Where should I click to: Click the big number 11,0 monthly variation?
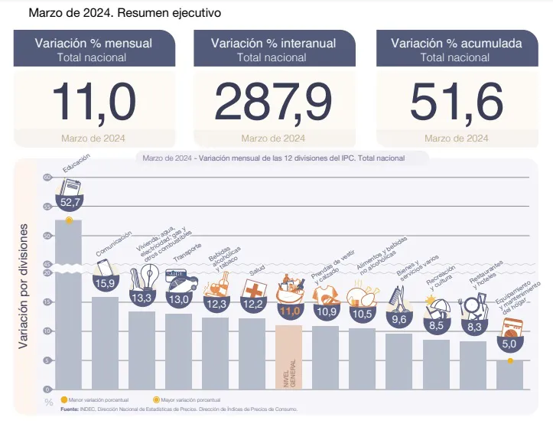click(x=93, y=101)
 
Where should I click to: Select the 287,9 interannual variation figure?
click(x=273, y=101)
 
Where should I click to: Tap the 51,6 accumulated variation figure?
click(x=456, y=101)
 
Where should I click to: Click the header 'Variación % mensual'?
click(x=93, y=44)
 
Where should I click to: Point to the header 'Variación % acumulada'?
click(x=456, y=44)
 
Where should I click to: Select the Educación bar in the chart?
click(x=69, y=306)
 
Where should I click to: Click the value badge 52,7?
click(x=70, y=202)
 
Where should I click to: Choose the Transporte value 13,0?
click(x=178, y=300)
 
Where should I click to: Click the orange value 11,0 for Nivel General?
click(x=288, y=311)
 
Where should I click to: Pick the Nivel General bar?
click(x=288, y=356)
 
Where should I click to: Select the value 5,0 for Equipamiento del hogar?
click(x=509, y=345)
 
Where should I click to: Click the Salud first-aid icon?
click(x=252, y=290)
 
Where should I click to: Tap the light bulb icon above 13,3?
click(x=143, y=277)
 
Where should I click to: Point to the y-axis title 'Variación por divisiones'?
click(x=24, y=287)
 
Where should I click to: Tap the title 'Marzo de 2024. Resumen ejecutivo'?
click(x=115, y=13)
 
